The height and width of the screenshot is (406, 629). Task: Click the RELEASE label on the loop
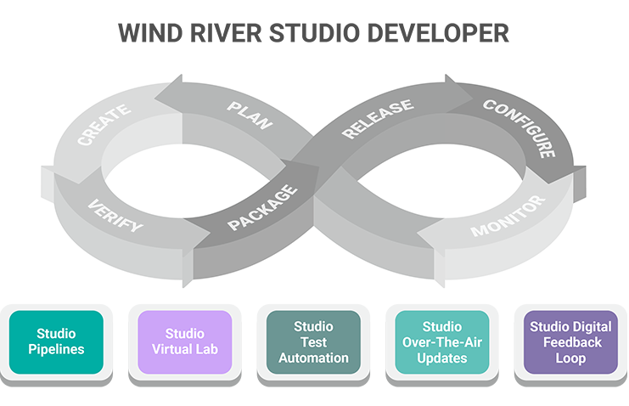[x=377, y=119]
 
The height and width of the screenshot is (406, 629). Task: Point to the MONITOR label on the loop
[x=508, y=217]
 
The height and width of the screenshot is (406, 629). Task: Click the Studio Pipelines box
[x=57, y=341]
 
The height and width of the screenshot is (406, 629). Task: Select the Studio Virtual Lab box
[x=184, y=341]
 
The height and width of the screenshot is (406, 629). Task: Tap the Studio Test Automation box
[x=313, y=341]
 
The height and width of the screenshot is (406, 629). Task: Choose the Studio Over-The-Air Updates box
[x=441, y=341]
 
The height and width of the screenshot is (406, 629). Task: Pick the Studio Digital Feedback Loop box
[x=570, y=341]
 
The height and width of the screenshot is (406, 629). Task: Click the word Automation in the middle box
[x=313, y=358]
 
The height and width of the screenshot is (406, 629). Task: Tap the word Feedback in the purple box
[x=570, y=342]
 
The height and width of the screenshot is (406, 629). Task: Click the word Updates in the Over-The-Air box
[x=441, y=358]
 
